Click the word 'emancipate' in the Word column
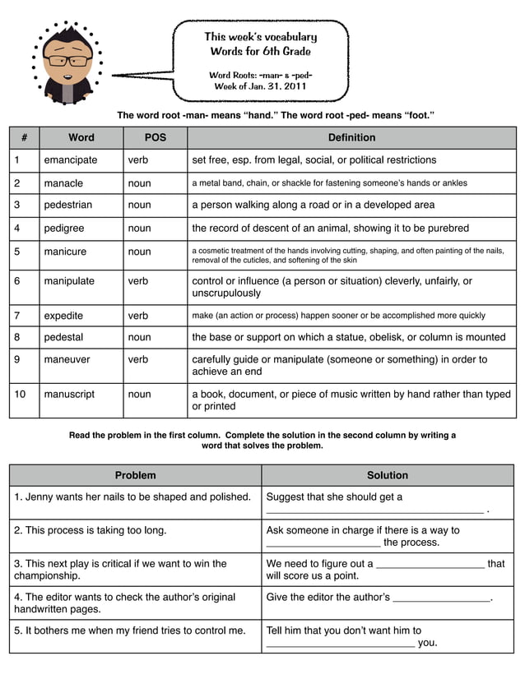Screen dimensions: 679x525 point(71,160)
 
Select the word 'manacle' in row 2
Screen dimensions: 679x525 point(63,183)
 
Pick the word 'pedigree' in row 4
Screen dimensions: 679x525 point(64,229)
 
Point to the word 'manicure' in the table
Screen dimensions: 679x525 point(65,252)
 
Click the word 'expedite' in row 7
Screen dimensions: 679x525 point(63,316)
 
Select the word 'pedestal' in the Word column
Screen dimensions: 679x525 point(64,337)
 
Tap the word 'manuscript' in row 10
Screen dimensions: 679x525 point(69,395)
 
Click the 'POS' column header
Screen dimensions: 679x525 point(155,138)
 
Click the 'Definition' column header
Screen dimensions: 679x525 point(351,138)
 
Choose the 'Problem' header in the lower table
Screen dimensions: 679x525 point(135,475)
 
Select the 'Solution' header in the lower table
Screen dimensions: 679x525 point(387,475)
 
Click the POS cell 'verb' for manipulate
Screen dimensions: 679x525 point(138,281)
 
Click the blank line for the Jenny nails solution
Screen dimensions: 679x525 point(374,510)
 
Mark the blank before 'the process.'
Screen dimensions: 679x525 point(323,543)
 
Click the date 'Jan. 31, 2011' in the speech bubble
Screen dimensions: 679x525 point(276,85)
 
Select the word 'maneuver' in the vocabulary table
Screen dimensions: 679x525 point(68,360)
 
